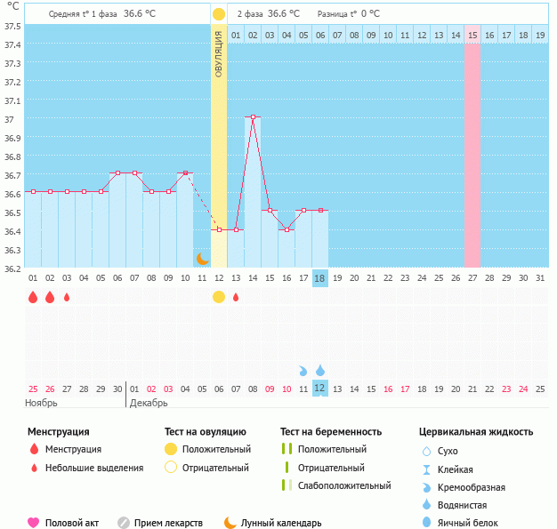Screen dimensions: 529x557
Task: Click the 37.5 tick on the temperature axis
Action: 13,26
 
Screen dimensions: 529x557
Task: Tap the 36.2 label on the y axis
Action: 13,268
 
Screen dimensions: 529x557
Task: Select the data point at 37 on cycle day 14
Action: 253,117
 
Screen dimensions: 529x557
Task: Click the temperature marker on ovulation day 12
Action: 219,229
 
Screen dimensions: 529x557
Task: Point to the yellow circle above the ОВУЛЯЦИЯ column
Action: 219,14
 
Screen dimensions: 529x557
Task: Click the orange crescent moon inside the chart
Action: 202,259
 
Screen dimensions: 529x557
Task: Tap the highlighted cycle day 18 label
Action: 320,278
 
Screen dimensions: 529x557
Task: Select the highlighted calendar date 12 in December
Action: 320,389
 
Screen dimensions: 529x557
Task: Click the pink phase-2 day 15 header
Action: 472,35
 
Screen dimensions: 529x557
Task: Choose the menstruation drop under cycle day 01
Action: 33,297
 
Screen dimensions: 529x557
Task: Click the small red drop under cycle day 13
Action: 236,297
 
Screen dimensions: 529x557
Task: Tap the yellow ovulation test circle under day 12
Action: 219,297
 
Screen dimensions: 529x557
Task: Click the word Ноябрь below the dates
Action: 42,403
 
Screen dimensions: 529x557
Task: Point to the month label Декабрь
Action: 149,403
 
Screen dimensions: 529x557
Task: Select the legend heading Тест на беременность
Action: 330,432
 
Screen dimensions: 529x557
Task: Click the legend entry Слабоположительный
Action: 344,485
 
